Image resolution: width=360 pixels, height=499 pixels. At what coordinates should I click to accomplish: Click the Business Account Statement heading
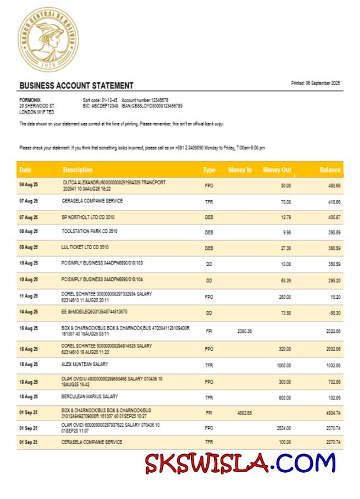tap(76, 86)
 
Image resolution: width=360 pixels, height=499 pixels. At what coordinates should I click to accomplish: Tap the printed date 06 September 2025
tap(316, 83)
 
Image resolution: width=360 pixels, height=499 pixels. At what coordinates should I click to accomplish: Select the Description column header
tap(77, 170)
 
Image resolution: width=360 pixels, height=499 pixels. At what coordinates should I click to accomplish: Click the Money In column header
tap(240, 170)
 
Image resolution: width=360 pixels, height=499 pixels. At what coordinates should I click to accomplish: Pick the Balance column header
tap(330, 170)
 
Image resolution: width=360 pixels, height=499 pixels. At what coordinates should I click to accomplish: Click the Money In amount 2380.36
tap(245, 331)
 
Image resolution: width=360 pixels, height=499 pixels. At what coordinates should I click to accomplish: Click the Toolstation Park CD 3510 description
tap(89, 231)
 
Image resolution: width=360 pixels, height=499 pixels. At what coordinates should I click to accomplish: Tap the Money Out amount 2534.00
tap(283, 428)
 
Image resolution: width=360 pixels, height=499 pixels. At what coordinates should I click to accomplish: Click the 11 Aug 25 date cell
tap(29, 296)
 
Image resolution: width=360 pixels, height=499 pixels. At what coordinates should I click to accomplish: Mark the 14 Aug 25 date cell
tap(29, 312)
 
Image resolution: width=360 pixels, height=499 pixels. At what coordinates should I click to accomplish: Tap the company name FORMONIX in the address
tap(29, 100)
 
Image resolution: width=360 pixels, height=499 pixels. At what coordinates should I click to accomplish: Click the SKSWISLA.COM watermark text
tap(240, 463)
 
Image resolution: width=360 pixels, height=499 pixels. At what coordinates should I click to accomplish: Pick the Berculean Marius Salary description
tap(90, 396)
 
